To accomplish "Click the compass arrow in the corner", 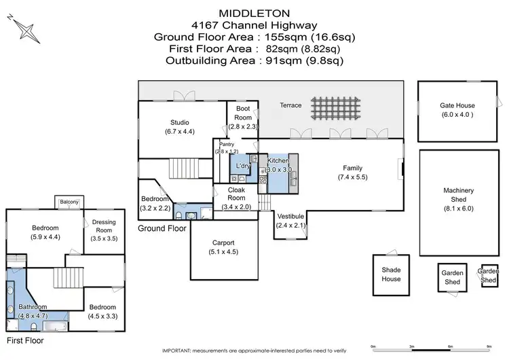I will point(26,29).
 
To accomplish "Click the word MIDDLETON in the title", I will point(254,12).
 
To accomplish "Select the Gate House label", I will point(457,105).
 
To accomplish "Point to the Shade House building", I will point(392,274).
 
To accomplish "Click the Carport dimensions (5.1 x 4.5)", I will point(223,251).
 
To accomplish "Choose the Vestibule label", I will point(291,217).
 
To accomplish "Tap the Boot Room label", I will point(242,113).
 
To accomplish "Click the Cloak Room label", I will point(235,194).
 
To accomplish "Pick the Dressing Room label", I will point(104,226).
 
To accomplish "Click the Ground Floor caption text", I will point(162,229).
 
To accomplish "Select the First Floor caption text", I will point(26,339).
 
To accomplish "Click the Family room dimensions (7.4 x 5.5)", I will point(352,177).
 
